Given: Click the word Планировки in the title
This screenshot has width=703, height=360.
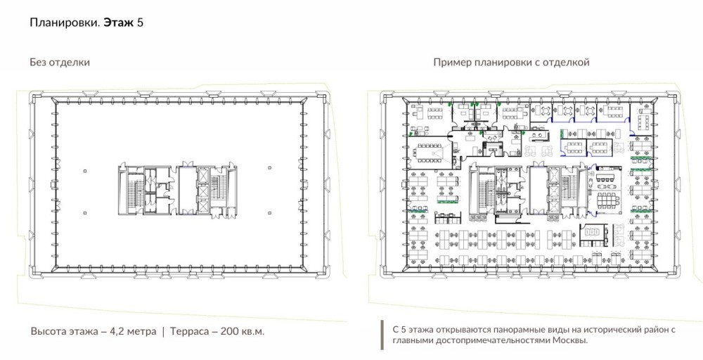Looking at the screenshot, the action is [x=65, y=23].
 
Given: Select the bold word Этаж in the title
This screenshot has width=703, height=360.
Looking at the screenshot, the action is [x=119, y=22].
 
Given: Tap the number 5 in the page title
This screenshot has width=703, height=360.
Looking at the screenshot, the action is [x=141, y=22].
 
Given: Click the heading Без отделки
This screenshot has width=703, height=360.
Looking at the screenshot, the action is [x=60, y=63].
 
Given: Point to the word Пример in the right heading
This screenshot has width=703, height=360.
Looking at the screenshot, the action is [x=451, y=63].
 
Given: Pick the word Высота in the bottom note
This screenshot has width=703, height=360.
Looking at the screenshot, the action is [x=49, y=332].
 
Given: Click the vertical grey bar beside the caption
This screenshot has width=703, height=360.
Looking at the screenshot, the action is [x=382, y=335].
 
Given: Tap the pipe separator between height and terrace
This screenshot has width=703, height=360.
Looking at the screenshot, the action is [x=163, y=332].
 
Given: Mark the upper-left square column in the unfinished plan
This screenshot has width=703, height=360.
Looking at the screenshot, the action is [x=85, y=171].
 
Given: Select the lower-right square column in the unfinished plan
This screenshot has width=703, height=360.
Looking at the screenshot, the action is [x=269, y=213].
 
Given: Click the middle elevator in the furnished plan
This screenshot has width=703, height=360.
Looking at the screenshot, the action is [x=554, y=191].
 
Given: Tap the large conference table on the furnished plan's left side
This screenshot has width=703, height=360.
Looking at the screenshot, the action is [x=430, y=154].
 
